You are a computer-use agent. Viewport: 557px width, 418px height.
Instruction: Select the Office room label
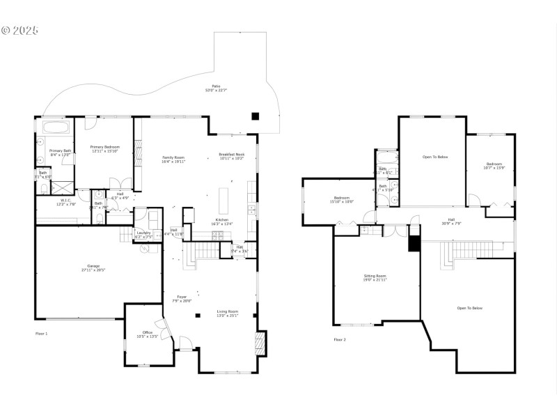click(147, 333)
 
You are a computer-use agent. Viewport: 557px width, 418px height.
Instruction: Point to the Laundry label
click(144, 233)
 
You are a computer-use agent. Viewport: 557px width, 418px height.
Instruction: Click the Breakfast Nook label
click(231, 155)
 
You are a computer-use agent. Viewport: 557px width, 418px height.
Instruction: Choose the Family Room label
click(173, 158)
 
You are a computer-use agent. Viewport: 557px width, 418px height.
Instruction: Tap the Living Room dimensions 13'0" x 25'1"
click(227, 316)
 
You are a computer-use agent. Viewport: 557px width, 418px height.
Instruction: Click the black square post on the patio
click(256, 116)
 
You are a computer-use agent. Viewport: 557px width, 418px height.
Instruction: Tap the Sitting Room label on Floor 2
click(375, 277)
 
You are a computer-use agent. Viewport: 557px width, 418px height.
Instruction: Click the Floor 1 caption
click(42, 334)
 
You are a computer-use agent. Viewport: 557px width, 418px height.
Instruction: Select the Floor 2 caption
click(340, 339)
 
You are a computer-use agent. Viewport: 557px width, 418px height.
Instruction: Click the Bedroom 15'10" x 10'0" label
click(341, 199)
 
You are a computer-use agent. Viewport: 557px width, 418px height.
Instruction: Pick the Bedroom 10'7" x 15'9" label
click(493, 165)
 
